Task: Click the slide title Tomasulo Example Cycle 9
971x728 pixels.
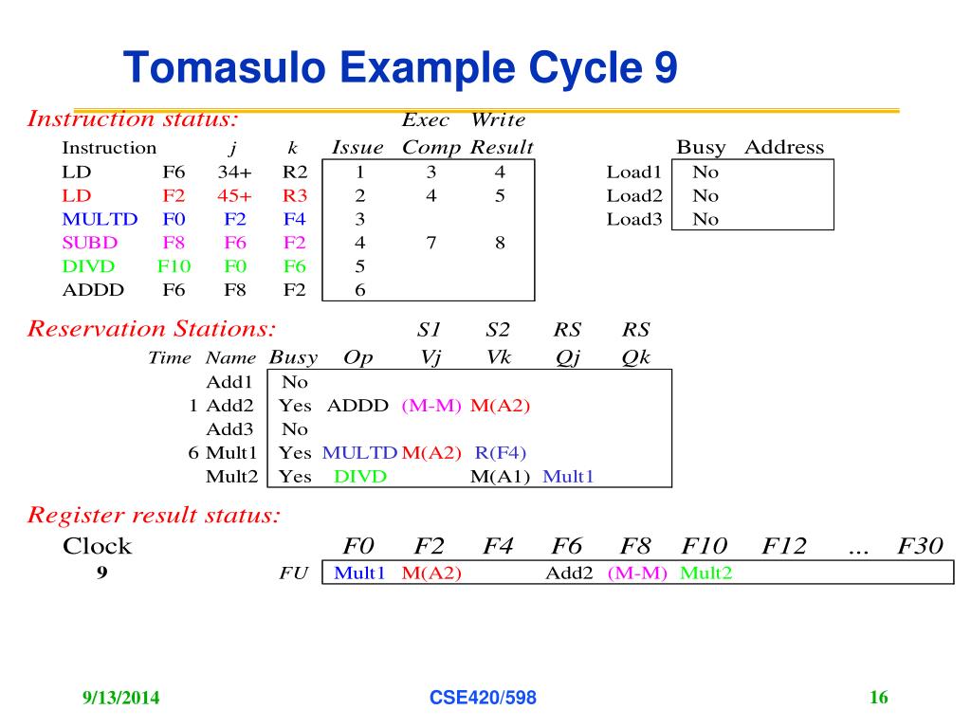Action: tap(400, 68)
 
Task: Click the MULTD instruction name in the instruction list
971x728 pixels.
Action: tap(100, 219)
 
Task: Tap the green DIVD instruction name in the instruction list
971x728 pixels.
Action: tap(88, 265)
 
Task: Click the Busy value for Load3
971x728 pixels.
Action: tap(705, 219)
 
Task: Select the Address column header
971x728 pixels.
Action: tap(784, 147)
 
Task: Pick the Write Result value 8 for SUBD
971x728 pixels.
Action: tap(500, 242)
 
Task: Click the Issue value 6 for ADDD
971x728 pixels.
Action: tap(359, 289)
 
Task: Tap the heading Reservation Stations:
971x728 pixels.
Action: tap(152, 329)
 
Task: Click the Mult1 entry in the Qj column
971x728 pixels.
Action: tap(568, 476)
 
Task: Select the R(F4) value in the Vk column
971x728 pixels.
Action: tap(500, 452)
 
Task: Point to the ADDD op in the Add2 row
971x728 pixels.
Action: tap(357, 406)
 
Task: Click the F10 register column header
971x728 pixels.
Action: tap(704, 546)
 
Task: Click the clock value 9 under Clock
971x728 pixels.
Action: tap(101, 573)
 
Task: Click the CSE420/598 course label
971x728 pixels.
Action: tap(483, 699)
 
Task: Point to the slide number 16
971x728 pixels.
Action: tap(878, 699)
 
